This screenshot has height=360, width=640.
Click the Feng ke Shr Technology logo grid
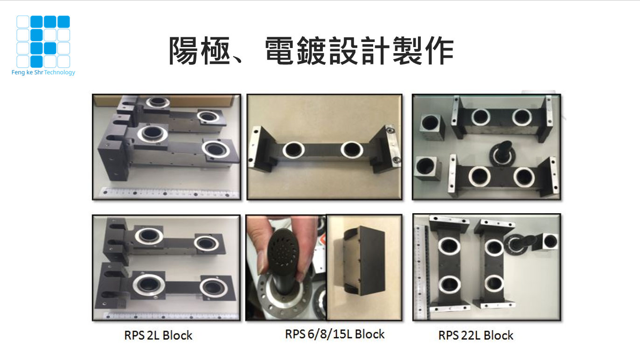click(x=43, y=42)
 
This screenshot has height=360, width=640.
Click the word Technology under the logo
click(x=59, y=73)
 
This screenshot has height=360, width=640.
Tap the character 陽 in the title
click(x=183, y=51)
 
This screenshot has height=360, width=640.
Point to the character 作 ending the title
click(x=439, y=51)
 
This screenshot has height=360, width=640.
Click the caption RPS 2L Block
click(x=158, y=335)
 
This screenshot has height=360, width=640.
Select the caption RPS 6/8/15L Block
click(x=335, y=334)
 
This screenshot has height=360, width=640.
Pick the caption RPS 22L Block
click(x=476, y=335)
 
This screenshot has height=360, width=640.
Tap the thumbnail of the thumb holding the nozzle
click(x=262, y=263)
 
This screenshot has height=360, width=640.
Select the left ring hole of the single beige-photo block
click(x=293, y=150)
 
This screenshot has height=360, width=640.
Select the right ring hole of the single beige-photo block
click(x=352, y=150)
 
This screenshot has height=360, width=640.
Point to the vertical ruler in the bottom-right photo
click(x=421, y=271)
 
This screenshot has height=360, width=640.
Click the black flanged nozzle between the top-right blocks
click(x=502, y=153)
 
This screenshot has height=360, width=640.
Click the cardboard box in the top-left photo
click(x=168, y=102)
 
